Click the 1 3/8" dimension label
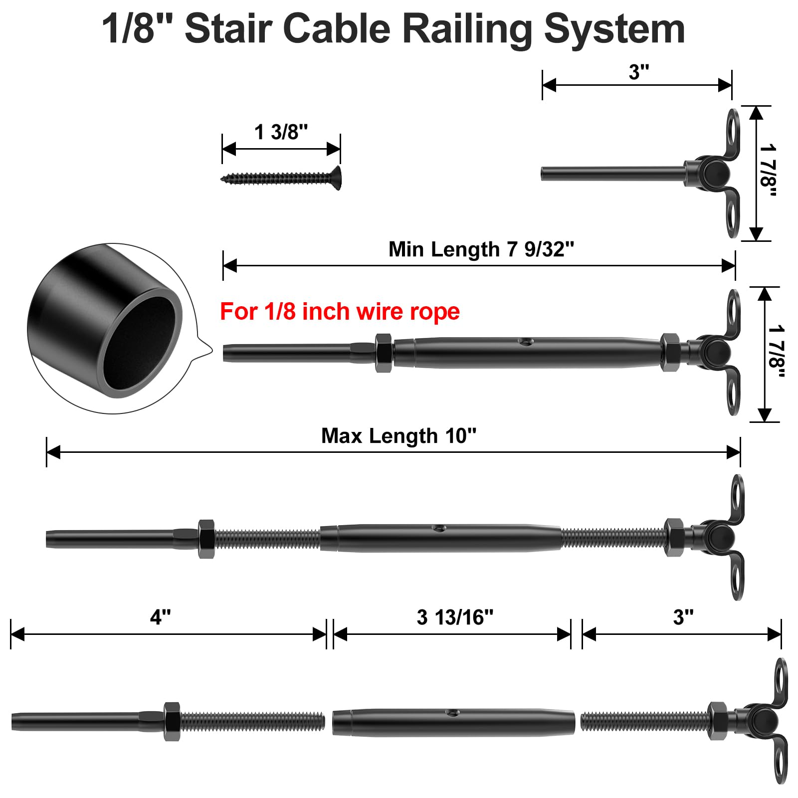click(x=281, y=132)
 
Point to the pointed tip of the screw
click(x=222, y=178)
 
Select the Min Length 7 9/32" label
click(x=481, y=249)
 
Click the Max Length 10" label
click(x=399, y=436)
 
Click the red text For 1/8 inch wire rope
click(x=340, y=312)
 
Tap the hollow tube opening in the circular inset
click(x=142, y=345)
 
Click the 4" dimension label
click(x=160, y=617)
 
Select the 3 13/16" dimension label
click(x=454, y=617)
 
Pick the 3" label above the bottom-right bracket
click(x=683, y=617)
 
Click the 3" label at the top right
click(x=638, y=72)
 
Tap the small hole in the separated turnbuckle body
click(x=453, y=713)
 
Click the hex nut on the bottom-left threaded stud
click(x=172, y=722)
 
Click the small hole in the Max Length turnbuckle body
click(x=438, y=528)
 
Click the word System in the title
click(x=614, y=29)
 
